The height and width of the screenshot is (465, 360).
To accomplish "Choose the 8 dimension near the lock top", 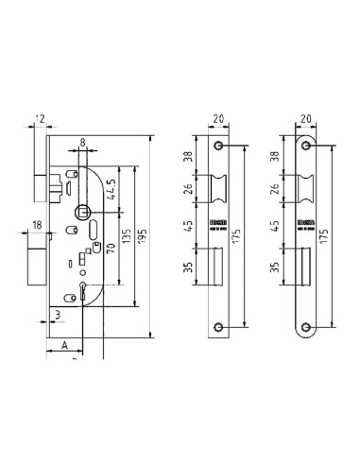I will coord(82,145).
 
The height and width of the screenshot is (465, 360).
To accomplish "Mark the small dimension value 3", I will coord(57,315).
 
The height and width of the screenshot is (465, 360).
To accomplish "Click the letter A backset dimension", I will coord(63,346).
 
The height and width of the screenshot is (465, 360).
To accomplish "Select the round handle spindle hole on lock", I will coord(84,213).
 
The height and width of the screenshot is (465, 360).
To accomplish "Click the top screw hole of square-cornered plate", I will coord(219,146).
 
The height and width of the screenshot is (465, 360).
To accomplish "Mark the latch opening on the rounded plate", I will coord(305,190).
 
